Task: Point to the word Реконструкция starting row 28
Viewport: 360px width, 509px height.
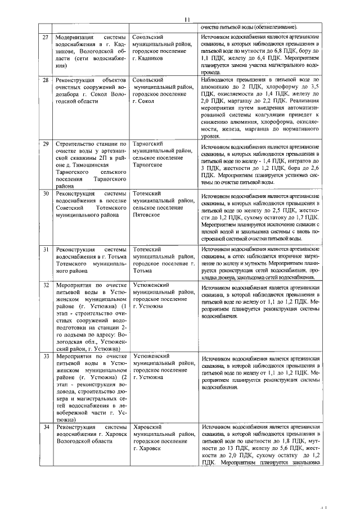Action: point(79,80)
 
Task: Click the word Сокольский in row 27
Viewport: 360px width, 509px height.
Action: point(149,37)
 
